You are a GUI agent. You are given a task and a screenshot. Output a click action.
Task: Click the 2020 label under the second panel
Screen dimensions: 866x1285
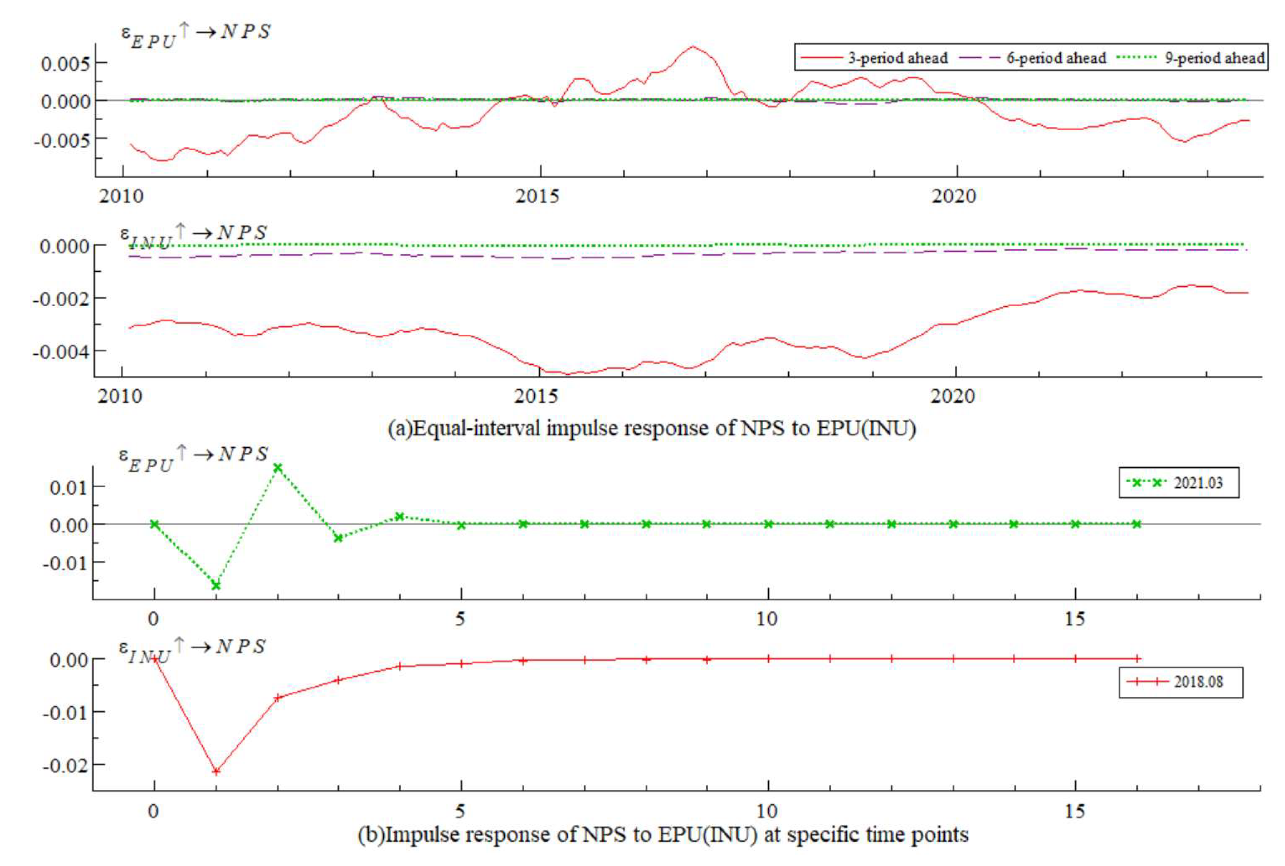point(953,396)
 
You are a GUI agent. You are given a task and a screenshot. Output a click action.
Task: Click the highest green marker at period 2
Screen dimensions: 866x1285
point(278,468)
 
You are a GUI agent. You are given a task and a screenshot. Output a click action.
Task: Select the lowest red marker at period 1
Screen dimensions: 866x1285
point(216,771)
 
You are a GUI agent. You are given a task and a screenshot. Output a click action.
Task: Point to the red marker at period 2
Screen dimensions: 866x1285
point(278,698)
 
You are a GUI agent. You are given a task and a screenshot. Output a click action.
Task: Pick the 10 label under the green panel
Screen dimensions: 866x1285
point(767,619)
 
